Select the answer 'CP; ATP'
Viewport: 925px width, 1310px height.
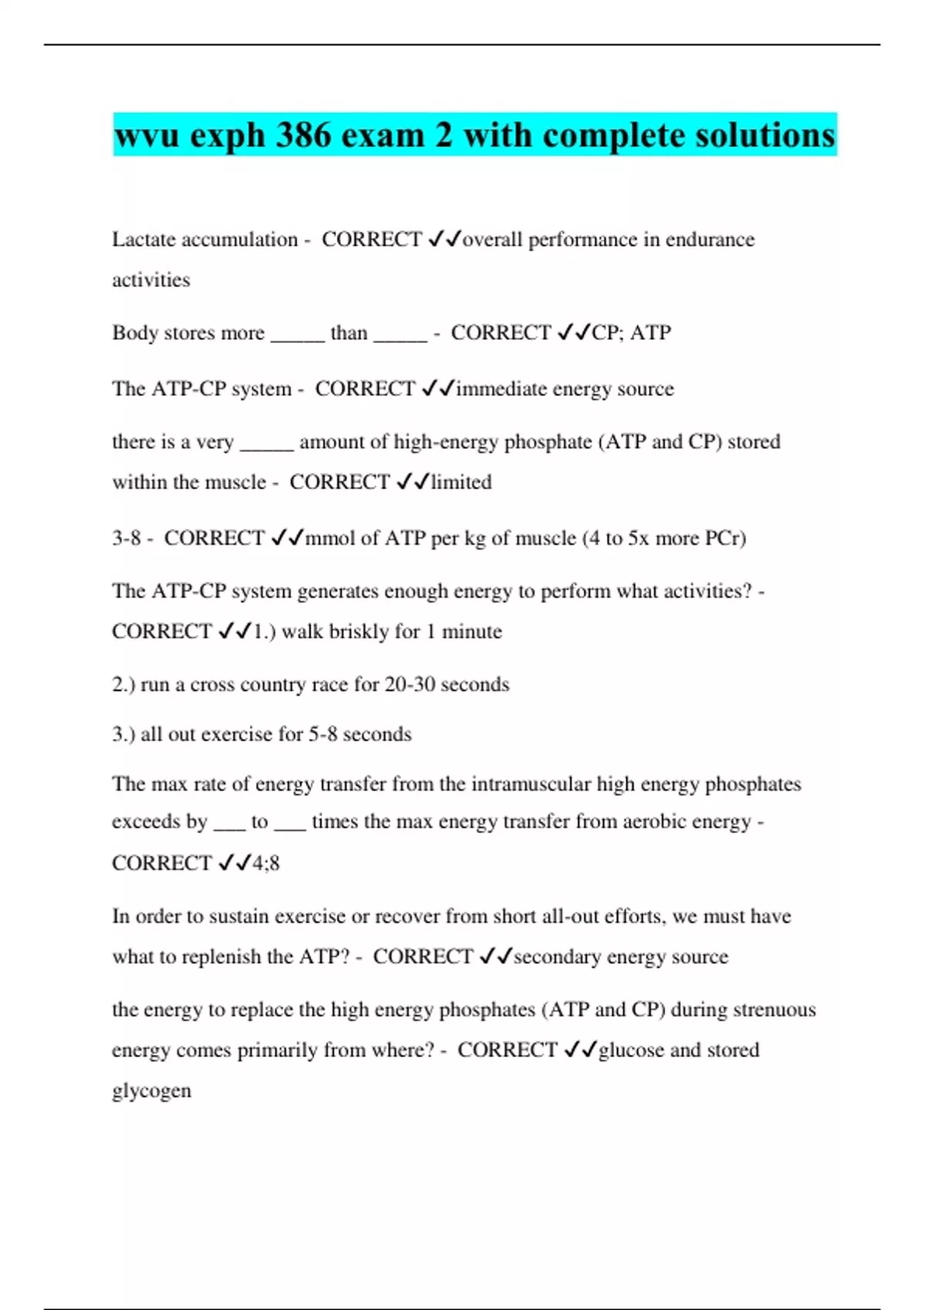pos(631,333)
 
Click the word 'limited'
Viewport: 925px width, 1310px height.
pos(461,482)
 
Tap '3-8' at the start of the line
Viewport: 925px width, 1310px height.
pos(126,538)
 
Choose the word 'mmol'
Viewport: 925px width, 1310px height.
pos(330,538)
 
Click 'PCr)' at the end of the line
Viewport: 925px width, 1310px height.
pos(725,538)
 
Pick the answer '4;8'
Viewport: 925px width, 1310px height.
pos(266,863)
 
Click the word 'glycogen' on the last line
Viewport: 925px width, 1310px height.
pos(152,1091)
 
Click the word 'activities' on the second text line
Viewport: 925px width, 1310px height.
pos(151,280)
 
